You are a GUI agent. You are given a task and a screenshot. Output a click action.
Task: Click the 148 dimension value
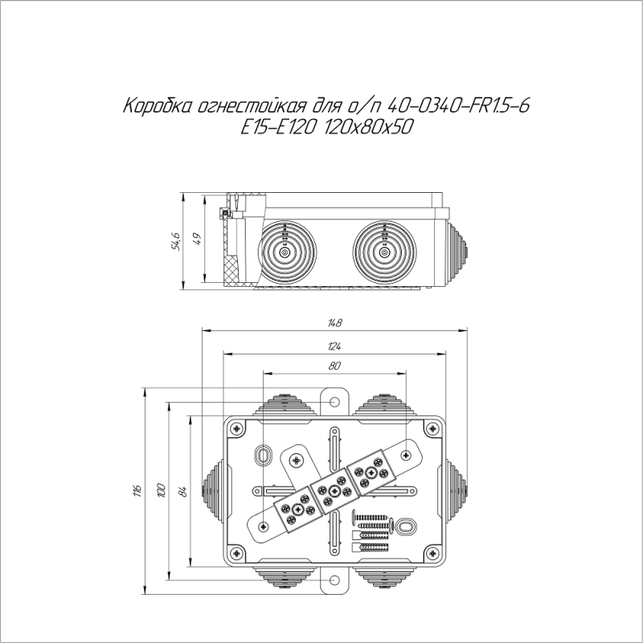click(335, 323)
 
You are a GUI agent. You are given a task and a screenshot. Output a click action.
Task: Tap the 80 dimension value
click(335, 367)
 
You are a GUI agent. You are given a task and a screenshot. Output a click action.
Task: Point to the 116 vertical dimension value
click(137, 489)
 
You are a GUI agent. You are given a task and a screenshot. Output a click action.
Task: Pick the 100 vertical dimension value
click(161, 489)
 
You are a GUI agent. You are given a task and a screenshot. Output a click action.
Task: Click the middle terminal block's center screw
click(332, 489)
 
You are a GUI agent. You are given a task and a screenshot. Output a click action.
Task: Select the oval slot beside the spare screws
click(407, 526)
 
